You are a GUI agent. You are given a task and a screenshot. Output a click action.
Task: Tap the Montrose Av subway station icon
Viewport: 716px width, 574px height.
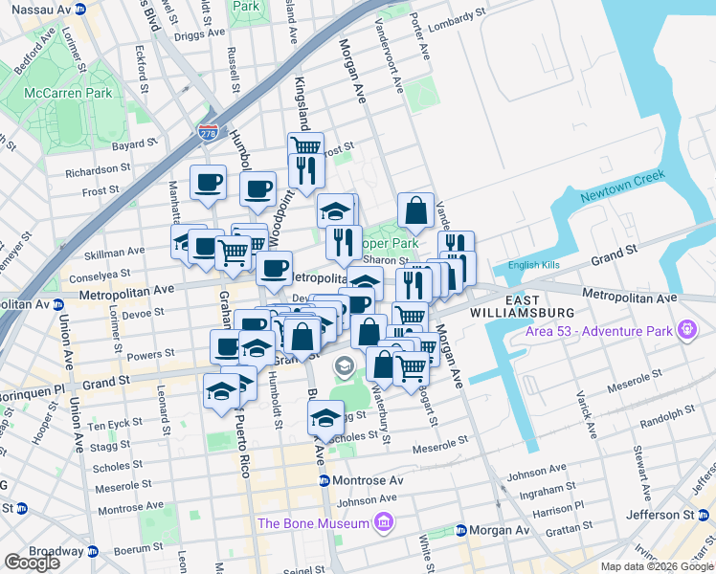324,480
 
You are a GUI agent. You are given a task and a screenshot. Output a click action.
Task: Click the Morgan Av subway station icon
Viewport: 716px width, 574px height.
460,530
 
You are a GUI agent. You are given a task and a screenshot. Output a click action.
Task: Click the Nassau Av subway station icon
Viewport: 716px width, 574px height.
80,9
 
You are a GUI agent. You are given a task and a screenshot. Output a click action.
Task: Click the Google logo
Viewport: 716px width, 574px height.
32,562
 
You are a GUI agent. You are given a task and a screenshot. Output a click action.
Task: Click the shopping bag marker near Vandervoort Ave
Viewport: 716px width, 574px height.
416,210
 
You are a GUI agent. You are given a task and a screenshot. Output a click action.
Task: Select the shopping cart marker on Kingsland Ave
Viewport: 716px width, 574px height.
305,146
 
